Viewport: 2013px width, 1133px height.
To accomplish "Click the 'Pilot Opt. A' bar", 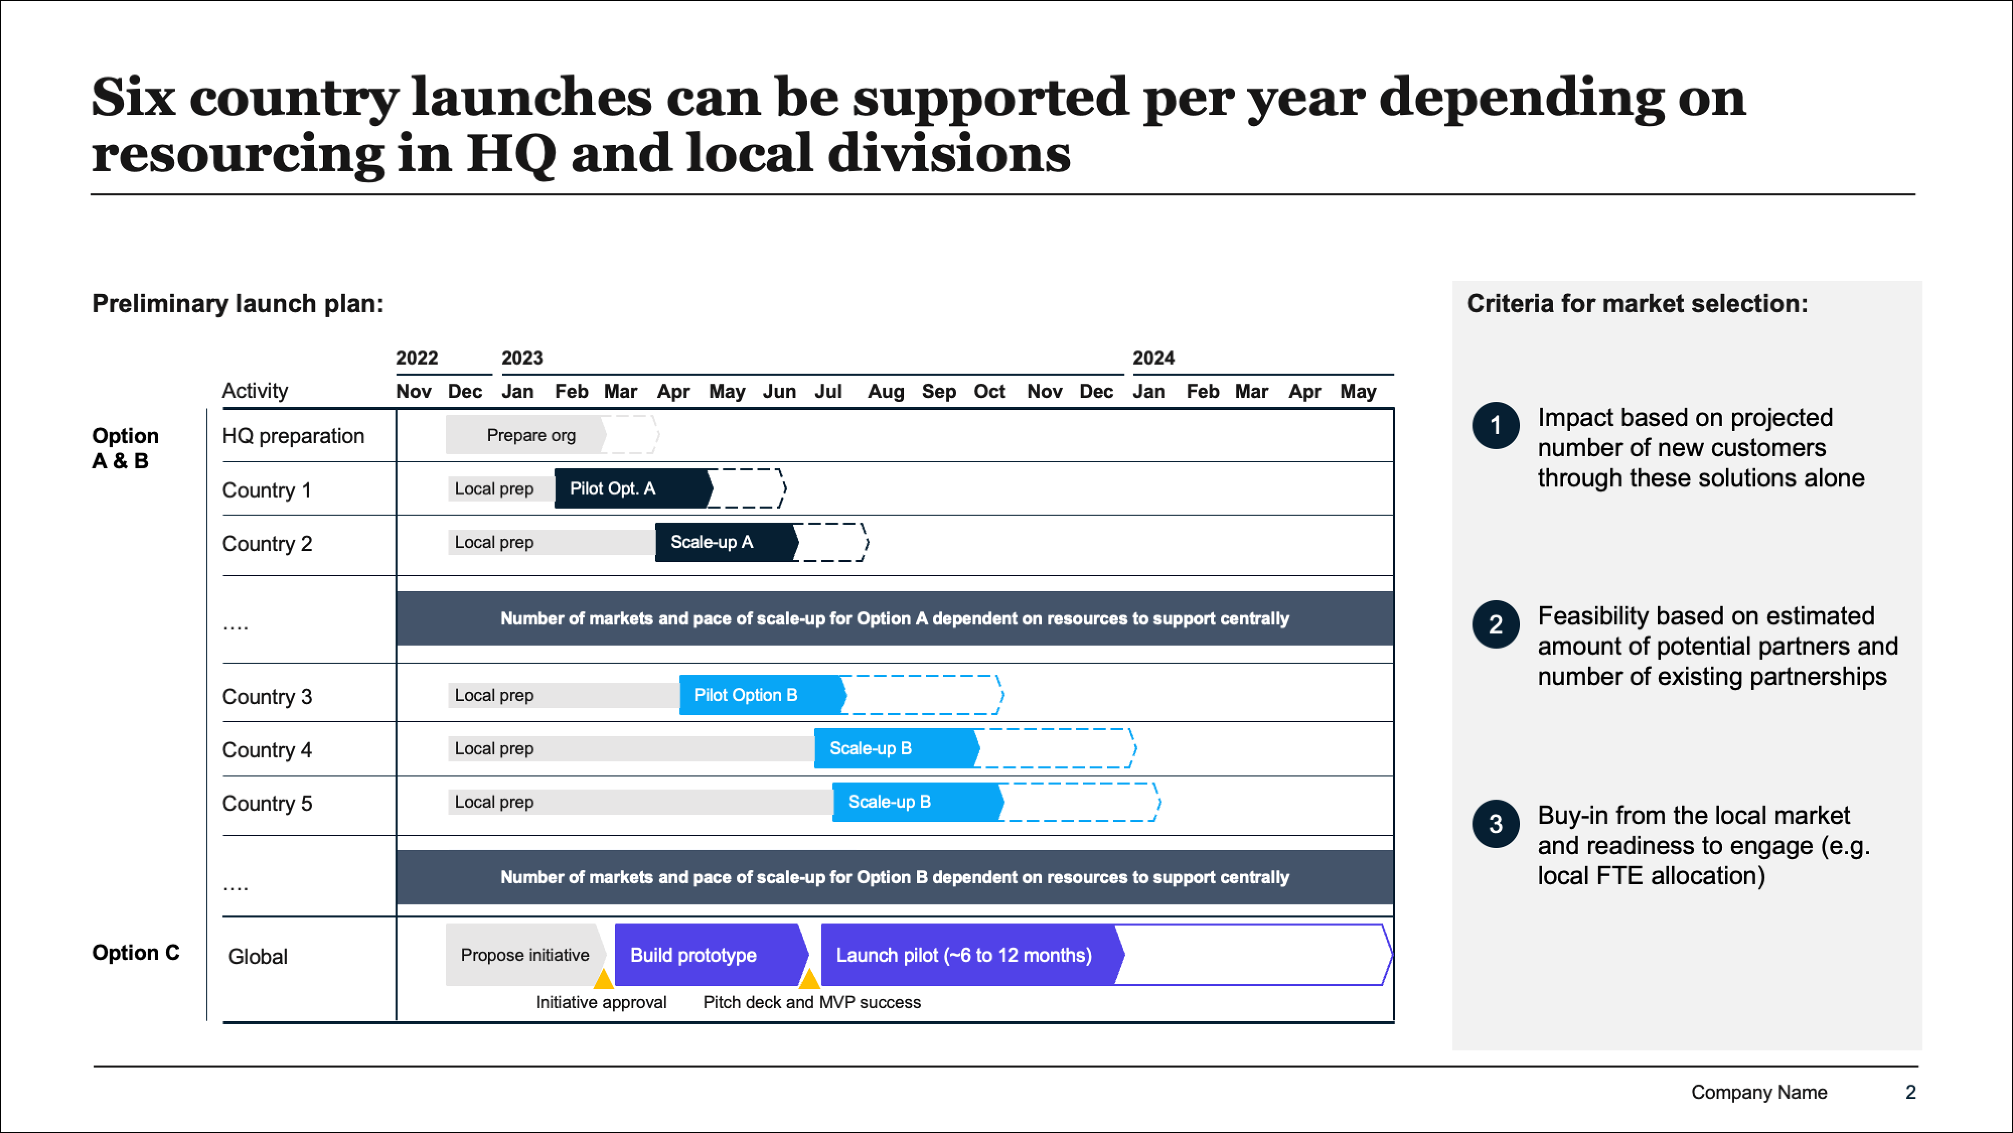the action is click(633, 488).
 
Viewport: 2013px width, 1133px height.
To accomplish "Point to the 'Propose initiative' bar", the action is click(525, 955).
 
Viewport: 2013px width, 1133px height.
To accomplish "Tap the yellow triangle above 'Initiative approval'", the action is click(603, 979).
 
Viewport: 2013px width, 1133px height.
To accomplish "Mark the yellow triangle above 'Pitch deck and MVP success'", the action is click(810, 979).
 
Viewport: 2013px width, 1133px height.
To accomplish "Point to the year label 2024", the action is click(1153, 358).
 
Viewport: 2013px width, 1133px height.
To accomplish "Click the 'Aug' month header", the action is click(885, 391).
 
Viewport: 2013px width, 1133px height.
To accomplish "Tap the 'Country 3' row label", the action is click(267, 696).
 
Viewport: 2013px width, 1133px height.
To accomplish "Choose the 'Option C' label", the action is click(136, 952).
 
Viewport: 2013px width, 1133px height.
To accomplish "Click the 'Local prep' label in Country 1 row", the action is click(494, 488).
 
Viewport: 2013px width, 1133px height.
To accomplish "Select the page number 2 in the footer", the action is click(1911, 1092).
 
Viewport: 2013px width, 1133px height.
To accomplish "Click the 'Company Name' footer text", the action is click(1759, 1092).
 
